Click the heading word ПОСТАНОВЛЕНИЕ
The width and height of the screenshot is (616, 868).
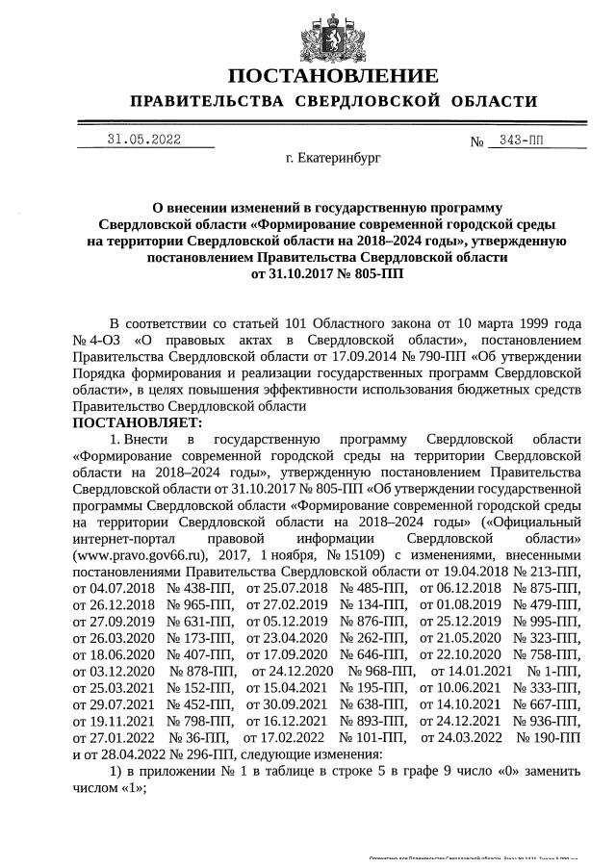click(x=332, y=76)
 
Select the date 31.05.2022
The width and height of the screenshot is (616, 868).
click(x=144, y=140)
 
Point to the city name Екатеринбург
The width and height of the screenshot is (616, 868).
click(x=333, y=157)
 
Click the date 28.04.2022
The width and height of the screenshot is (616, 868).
click(x=125, y=753)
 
